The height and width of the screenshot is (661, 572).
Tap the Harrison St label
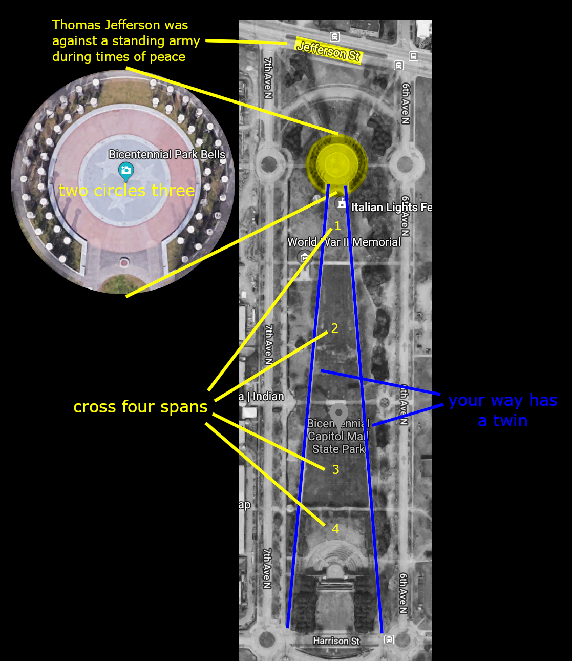point(336,641)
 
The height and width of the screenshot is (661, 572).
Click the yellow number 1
point(337,226)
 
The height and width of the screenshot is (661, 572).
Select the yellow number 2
point(334,328)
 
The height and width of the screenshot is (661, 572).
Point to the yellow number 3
point(335,469)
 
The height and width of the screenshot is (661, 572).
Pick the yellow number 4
point(335,529)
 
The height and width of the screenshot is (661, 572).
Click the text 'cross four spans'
point(140,407)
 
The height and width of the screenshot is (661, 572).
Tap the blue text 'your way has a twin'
point(502,410)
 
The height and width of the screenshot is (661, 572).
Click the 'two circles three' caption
point(126,191)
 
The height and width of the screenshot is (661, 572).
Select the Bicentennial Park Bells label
point(166,154)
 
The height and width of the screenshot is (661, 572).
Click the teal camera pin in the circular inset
point(126,171)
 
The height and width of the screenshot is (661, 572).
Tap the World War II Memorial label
point(344,242)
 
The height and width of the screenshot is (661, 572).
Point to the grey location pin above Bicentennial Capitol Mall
point(338,414)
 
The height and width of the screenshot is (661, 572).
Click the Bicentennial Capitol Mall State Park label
point(338,437)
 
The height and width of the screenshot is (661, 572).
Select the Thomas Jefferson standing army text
point(125,41)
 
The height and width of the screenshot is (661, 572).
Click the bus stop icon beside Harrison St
point(389,639)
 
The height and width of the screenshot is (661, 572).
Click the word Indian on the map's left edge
point(268,396)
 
